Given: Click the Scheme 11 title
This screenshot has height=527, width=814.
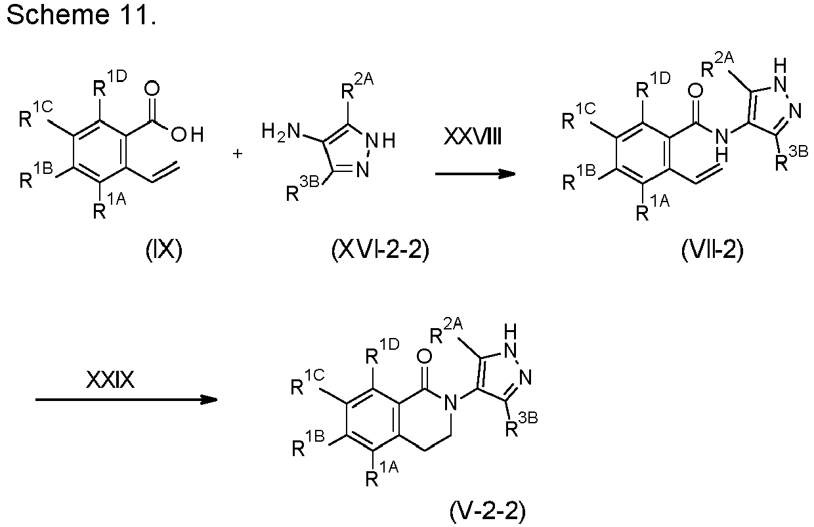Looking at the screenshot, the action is coord(81,14).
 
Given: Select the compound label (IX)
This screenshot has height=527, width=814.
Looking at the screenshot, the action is coord(164,250).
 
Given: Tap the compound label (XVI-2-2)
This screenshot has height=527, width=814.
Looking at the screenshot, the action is coord(380,250).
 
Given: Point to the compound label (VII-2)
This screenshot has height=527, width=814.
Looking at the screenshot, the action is coord(713,250).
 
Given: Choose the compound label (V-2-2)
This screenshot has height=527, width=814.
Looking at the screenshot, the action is coord(488,511).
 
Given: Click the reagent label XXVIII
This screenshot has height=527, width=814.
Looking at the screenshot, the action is coord(473,138).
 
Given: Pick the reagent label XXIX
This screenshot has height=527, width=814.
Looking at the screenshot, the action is coord(110,380).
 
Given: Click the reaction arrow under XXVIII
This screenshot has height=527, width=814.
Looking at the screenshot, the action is coord(475,174).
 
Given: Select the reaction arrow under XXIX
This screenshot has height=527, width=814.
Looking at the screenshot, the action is coord(127,400).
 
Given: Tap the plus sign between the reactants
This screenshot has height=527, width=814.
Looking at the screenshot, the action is coord(237,154).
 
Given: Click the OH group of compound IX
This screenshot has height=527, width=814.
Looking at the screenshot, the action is coord(187,135).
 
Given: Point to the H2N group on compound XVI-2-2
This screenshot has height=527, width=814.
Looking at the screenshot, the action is coord(281,131).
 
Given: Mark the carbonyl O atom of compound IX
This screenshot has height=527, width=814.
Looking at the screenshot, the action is coord(152,89).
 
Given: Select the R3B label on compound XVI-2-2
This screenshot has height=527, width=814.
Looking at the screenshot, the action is coord(303,189).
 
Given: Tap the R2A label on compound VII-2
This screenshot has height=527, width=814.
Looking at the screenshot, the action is coord(718,64).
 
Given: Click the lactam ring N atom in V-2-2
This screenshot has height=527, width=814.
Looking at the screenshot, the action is coord(451,402).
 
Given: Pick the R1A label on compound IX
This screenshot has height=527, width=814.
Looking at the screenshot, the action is coord(110,206).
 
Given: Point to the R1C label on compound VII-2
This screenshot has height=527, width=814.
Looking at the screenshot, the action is coord(578,116).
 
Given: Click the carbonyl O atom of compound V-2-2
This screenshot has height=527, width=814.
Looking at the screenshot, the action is coord(424,356).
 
